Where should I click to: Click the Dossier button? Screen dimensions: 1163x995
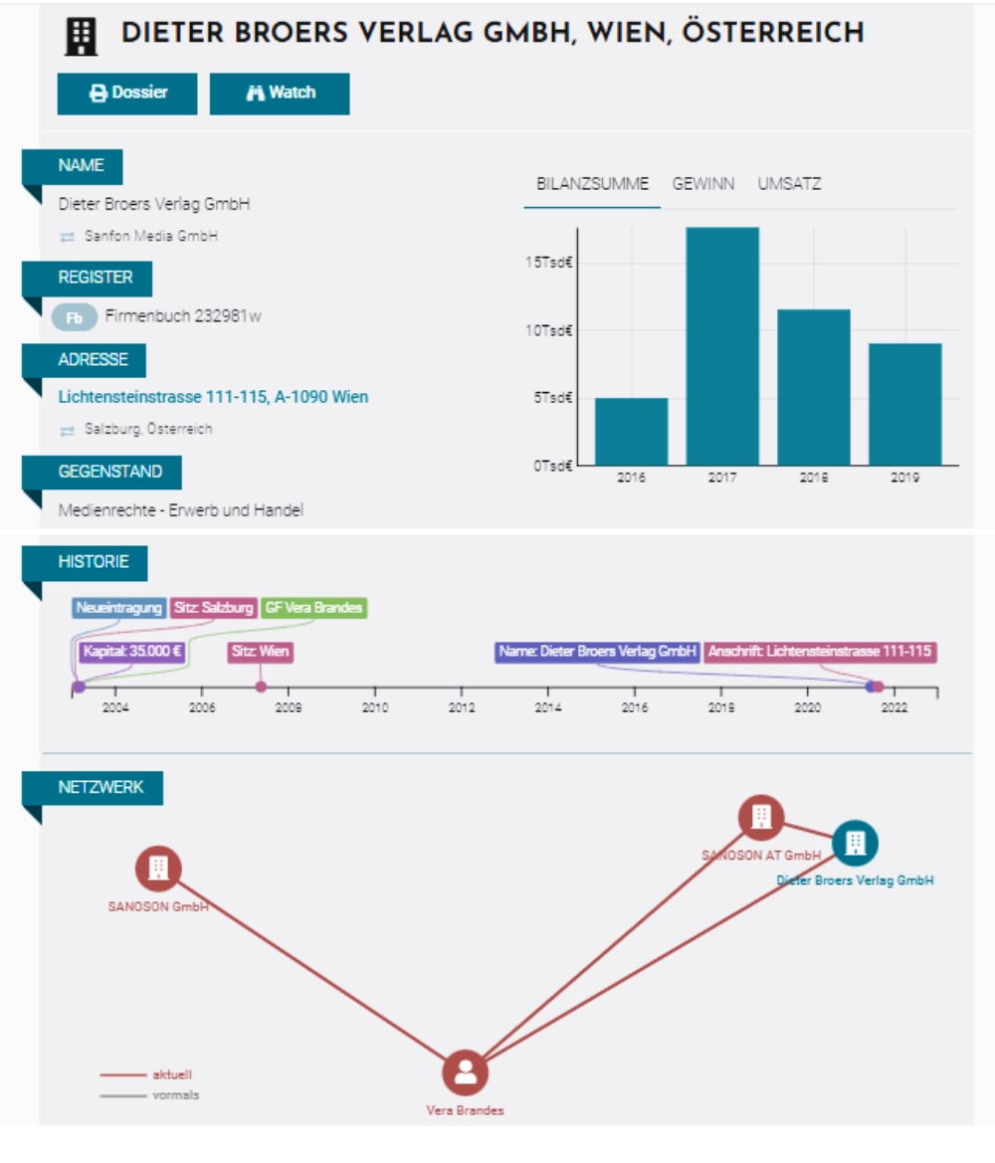tap(127, 94)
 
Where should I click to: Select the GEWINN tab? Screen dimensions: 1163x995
tap(703, 184)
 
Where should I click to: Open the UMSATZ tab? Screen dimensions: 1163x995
tap(789, 184)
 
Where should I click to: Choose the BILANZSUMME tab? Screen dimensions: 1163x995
tap(592, 184)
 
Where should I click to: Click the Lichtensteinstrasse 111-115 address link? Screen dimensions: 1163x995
tap(213, 397)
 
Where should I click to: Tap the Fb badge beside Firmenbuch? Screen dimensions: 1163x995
tap(75, 318)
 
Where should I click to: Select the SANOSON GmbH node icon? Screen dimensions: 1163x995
tap(158, 869)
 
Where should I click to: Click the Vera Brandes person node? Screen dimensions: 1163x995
tap(465, 1073)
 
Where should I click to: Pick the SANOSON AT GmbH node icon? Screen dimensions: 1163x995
tap(761, 818)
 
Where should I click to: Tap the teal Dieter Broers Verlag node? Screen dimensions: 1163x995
tap(854, 843)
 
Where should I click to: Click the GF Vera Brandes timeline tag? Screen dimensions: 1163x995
tap(313, 608)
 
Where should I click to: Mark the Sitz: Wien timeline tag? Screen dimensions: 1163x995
tap(260, 652)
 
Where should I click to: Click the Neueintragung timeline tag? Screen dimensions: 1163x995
tap(118, 608)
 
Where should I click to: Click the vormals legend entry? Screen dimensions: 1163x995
tap(175, 1095)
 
